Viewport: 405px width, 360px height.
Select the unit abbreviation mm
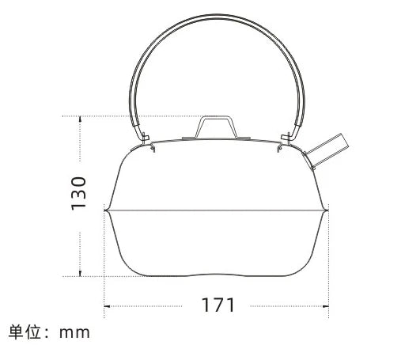76,332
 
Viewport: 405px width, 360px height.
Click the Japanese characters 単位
23,332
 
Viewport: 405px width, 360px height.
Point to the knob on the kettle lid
216,126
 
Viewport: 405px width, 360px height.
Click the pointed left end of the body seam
106,211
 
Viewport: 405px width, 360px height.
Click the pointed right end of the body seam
328,211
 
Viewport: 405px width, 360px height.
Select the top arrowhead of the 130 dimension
79,118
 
